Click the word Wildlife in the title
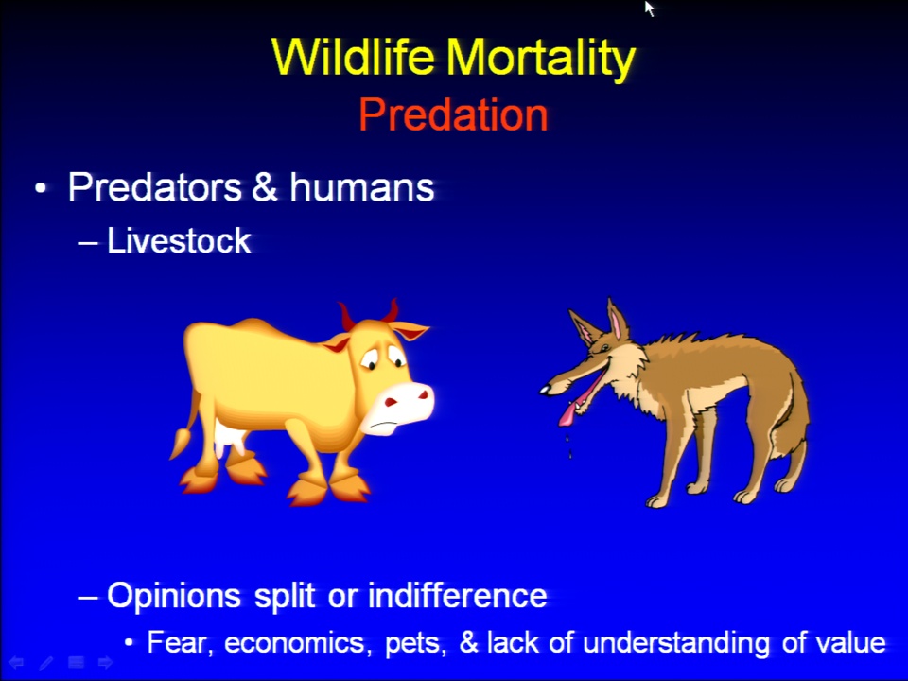point(353,56)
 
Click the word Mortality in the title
point(541,59)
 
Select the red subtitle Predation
point(453,114)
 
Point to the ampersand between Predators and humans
point(265,187)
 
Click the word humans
point(362,187)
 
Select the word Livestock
point(179,240)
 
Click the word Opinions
point(174,596)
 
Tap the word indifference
point(458,595)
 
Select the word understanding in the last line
point(676,643)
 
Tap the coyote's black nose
point(545,391)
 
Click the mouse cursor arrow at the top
point(649,9)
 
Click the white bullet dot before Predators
point(40,188)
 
